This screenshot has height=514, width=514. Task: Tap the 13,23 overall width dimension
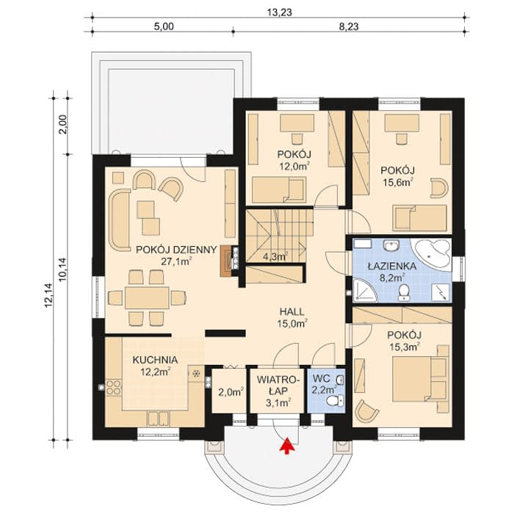pos(279,12)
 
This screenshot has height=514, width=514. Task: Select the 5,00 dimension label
pos(164,26)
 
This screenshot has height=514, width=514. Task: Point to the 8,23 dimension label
pos(349,26)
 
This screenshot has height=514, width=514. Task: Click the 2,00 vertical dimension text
pos(62,124)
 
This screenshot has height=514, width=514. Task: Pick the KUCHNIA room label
pos(156,360)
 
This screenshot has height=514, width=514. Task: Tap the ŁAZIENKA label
pos(391,266)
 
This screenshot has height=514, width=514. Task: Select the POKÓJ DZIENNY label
pos(176,250)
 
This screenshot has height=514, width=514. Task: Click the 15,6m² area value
pos(398,182)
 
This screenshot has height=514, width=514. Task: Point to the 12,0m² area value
pos(294,166)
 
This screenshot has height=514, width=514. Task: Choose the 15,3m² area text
pos(404,347)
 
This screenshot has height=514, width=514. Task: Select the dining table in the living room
pos(147,298)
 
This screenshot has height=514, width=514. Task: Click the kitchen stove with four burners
pos(113,387)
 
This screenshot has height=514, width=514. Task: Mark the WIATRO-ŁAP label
pos(278,385)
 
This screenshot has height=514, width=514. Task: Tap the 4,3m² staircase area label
pos(275,257)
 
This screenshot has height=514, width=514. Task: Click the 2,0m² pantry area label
pos(231,392)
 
